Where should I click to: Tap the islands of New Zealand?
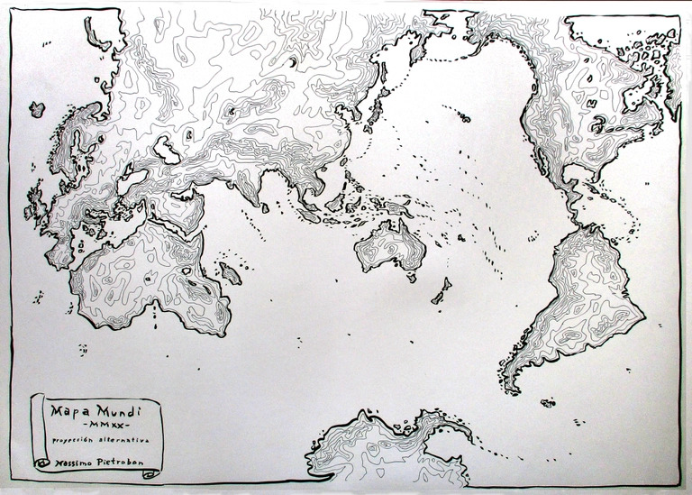click(x=442, y=290)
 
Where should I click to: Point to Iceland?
click(x=37, y=110)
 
